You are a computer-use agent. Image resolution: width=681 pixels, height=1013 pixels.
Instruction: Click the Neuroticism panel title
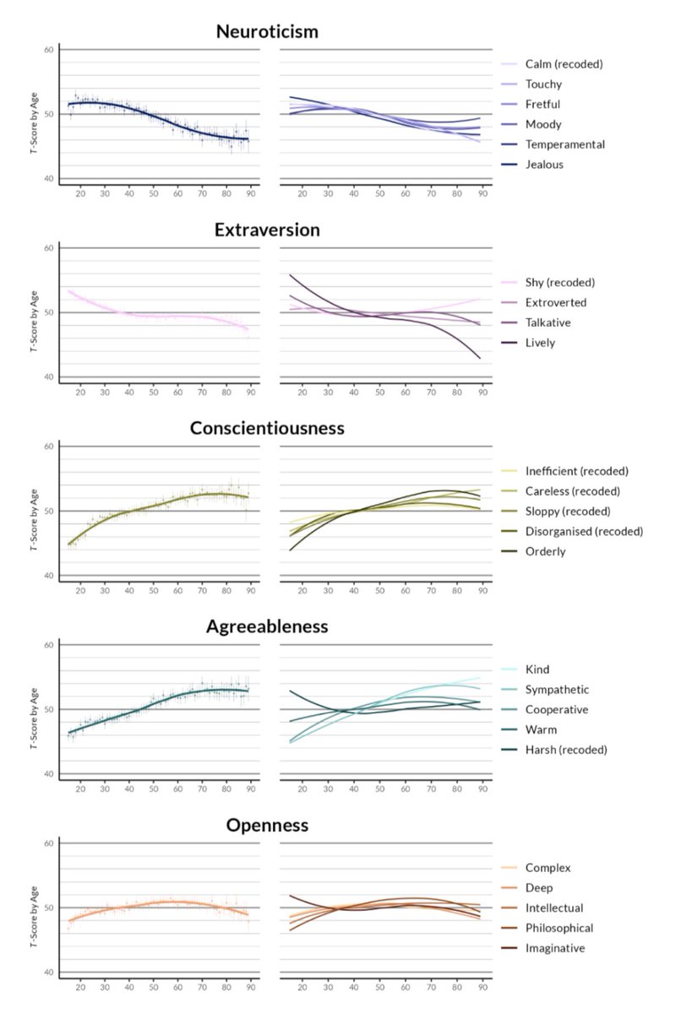click(x=266, y=32)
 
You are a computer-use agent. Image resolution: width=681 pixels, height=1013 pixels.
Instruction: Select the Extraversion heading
click(x=266, y=230)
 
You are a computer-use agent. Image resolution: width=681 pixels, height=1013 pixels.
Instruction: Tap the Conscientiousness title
click(x=266, y=428)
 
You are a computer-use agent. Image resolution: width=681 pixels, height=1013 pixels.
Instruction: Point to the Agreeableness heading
click(x=266, y=626)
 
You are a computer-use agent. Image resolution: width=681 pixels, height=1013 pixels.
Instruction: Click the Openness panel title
click(x=266, y=825)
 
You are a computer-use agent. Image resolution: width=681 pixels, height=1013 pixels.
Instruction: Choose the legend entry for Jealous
click(x=543, y=165)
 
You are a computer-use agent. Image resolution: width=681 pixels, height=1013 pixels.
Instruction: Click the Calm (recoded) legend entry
click(x=564, y=64)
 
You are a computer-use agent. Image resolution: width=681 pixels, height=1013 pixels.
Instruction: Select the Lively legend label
click(x=540, y=343)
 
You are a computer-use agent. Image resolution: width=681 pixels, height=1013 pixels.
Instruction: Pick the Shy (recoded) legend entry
click(x=560, y=282)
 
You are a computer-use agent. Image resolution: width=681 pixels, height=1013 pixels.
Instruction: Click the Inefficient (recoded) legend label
click(x=576, y=471)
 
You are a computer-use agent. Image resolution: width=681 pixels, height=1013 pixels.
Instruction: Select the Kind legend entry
click(x=537, y=669)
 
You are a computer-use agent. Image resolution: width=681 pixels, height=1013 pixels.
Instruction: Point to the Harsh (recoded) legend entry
click(x=565, y=750)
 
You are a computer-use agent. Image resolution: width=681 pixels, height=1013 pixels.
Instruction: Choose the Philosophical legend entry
click(x=559, y=928)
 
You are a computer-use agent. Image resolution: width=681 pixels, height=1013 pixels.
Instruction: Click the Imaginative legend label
click(x=555, y=948)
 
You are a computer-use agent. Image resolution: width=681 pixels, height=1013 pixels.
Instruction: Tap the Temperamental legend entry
click(x=564, y=144)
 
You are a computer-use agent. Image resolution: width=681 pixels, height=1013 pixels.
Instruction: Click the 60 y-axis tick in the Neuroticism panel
click(x=48, y=50)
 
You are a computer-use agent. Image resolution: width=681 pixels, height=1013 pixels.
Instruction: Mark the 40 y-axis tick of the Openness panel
click(x=48, y=972)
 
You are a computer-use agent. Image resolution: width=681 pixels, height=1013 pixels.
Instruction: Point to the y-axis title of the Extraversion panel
click(x=33, y=313)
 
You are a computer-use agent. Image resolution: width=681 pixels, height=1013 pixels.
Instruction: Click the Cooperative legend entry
click(x=556, y=710)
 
